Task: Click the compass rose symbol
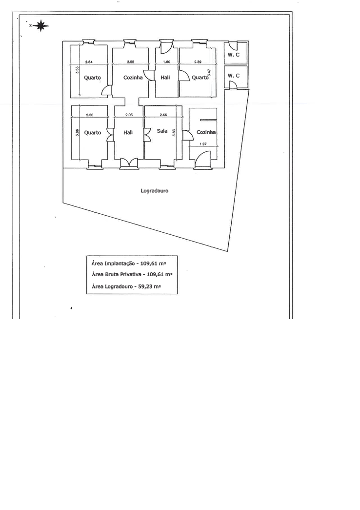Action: [x=40, y=26]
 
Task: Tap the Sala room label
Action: [x=162, y=131]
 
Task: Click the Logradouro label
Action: [x=155, y=191]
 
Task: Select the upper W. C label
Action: [x=233, y=55]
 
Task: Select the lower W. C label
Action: [x=233, y=76]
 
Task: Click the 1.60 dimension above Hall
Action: [x=166, y=62]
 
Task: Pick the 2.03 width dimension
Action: [x=128, y=115]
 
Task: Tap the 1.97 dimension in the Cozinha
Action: [x=203, y=144]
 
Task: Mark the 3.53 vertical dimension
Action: [x=77, y=70]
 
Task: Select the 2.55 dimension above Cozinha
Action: [x=130, y=62]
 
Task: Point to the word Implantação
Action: [x=119, y=263]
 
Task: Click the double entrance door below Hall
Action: [x=129, y=163]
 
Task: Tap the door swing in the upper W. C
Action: [x=232, y=45]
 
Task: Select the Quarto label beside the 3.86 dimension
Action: [x=93, y=133]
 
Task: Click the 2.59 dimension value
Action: [x=198, y=62]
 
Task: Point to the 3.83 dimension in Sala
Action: [x=174, y=132]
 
